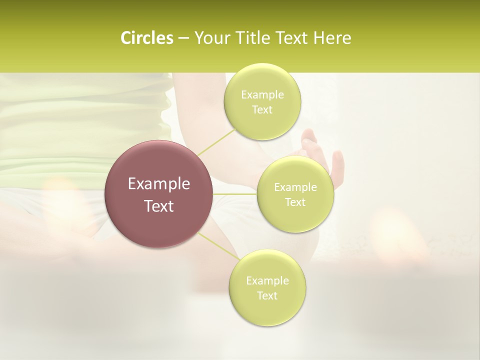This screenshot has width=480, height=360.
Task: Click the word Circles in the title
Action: tap(147, 38)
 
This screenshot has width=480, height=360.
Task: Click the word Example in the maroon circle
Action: tap(159, 184)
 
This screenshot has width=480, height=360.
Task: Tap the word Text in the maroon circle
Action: tap(159, 206)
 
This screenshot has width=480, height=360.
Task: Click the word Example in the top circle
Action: tap(262, 95)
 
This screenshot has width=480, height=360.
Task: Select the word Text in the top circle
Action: tap(262, 110)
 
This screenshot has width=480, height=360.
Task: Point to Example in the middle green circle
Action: tap(295, 187)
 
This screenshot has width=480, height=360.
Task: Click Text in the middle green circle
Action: tap(295, 202)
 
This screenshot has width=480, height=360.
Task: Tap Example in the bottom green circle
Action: tap(267, 281)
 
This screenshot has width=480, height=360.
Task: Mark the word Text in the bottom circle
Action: tap(267, 296)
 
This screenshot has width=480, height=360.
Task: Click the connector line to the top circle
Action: tap(216, 141)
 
